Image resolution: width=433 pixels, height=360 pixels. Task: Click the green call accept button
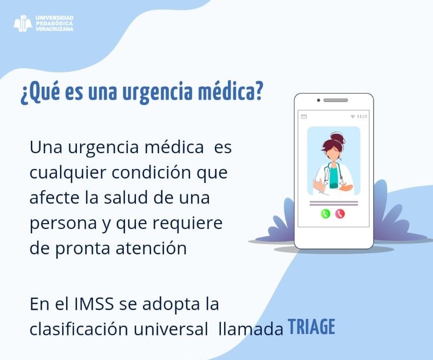coord(325,214)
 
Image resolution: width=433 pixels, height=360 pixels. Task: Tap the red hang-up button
coord(340,214)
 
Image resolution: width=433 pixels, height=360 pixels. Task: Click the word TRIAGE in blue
coord(312,327)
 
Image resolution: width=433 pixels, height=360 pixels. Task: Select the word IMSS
coord(94,304)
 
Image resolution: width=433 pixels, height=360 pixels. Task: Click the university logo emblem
coord(23,23)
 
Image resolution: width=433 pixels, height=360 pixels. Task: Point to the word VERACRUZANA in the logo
coord(55,29)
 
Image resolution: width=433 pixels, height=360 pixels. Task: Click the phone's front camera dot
coord(318,100)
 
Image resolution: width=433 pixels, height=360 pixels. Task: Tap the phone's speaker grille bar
coord(336,100)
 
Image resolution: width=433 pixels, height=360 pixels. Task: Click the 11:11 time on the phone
coord(362,116)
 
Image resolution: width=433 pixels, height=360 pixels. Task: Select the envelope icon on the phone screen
coord(304,116)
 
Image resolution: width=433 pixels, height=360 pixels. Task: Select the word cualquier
coord(68,173)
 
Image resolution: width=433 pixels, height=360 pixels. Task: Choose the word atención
coord(152,248)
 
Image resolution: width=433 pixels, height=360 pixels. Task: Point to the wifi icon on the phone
coord(353,116)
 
